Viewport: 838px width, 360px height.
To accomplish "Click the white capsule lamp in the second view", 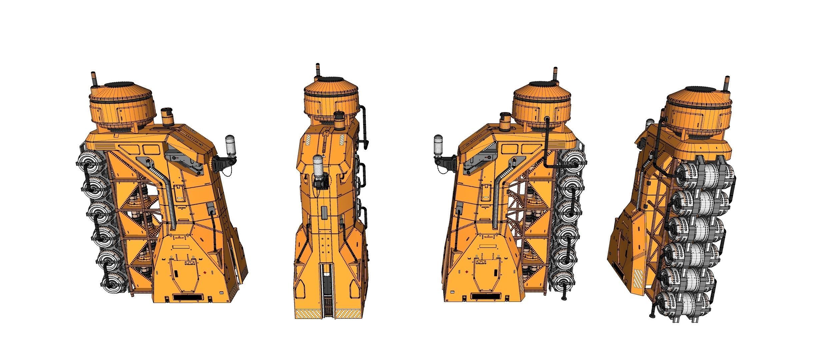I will click(x=319, y=166).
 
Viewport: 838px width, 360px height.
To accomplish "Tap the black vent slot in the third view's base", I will click(x=485, y=296).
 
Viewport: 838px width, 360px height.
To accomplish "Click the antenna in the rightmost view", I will click(x=726, y=83).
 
